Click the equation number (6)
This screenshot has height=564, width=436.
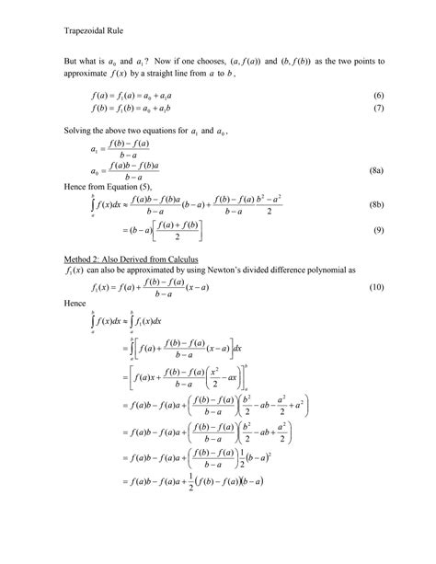click(377, 97)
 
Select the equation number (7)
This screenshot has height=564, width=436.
click(377, 109)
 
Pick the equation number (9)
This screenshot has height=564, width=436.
click(377, 230)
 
